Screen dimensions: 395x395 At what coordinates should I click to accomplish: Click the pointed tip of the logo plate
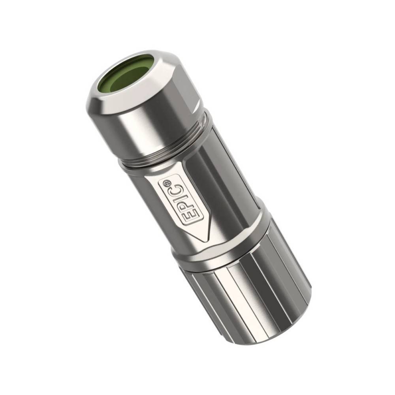(x=205, y=241)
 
